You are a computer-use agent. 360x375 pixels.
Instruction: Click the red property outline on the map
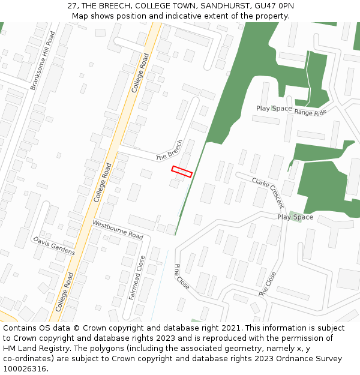click(x=182, y=172)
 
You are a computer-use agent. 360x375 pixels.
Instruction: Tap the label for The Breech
click(x=169, y=150)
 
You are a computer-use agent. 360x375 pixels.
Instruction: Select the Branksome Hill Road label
click(x=43, y=61)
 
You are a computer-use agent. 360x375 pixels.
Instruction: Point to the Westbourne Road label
click(x=118, y=230)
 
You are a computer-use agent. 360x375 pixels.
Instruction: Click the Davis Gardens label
click(x=54, y=245)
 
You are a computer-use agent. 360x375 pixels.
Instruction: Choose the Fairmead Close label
click(x=137, y=278)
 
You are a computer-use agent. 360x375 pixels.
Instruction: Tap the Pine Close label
click(x=182, y=277)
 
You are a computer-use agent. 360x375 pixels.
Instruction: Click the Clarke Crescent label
click(x=268, y=192)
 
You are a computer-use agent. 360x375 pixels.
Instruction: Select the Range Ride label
click(x=310, y=112)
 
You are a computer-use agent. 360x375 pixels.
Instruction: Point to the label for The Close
click(x=268, y=284)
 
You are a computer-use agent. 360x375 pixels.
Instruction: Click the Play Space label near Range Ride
click(x=274, y=109)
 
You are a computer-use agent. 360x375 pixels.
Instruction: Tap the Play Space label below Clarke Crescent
click(x=295, y=217)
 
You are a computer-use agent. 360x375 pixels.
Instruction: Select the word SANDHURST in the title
click(x=223, y=5)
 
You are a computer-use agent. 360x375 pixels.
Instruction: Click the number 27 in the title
click(x=72, y=5)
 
